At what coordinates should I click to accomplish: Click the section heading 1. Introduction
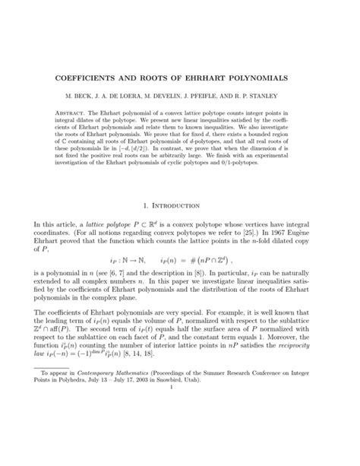click(180, 205)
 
